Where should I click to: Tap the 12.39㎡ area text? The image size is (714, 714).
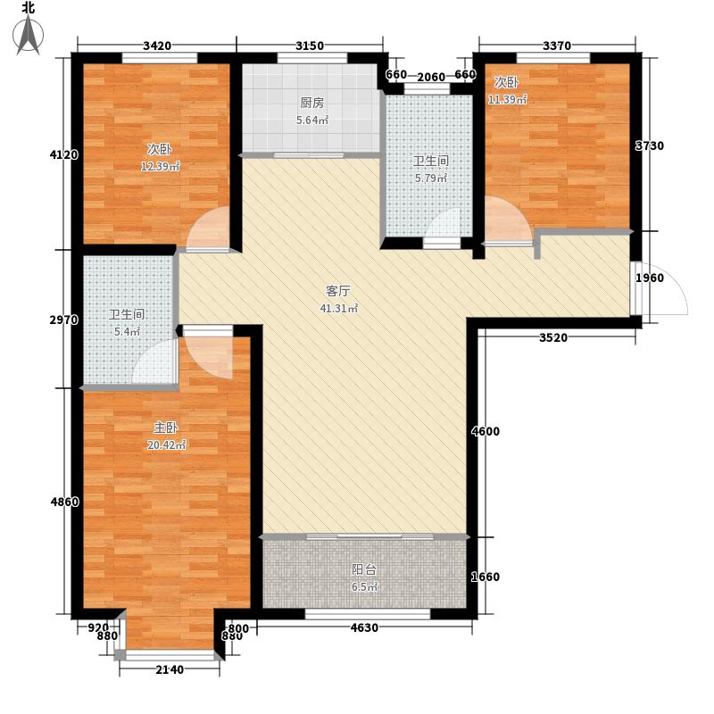pyautogui.click(x=161, y=167)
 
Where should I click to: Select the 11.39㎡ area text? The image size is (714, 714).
pyautogui.click(x=507, y=99)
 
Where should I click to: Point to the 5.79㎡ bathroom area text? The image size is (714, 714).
pyautogui.click(x=429, y=178)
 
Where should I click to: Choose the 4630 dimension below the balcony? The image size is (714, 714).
pyautogui.click(x=365, y=628)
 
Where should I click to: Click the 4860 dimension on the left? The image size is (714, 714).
pyautogui.click(x=65, y=502)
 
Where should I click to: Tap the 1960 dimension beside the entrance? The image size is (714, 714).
pyautogui.click(x=649, y=278)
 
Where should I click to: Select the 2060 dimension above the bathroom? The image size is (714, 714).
pyautogui.click(x=431, y=75)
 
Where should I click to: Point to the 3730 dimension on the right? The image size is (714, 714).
pyautogui.click(x=649, y=145)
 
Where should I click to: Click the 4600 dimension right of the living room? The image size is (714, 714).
pyautogui.click(x=486, y=432)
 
